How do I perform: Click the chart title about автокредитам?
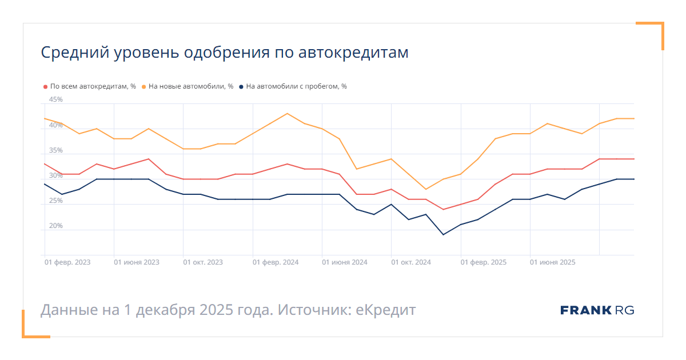point(225,53)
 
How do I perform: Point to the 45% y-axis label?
point(56,99)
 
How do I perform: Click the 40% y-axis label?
point(56,125)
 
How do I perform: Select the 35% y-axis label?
point(56,150)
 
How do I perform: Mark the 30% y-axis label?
point(56,175)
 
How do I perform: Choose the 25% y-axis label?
point(56,201)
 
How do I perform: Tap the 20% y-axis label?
point(56,226)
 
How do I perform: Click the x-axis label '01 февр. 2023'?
point(67,262)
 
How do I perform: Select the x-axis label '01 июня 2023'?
point(137,262)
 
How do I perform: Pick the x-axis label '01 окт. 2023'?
point(203,262)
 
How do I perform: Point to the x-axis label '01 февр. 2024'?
point(276,262)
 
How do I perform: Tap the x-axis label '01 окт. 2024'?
point(411,262)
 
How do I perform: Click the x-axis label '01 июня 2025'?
point(553,262)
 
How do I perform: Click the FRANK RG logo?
point(597,310)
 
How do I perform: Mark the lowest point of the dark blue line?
point(443,234)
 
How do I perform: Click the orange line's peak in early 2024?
point(287,113)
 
